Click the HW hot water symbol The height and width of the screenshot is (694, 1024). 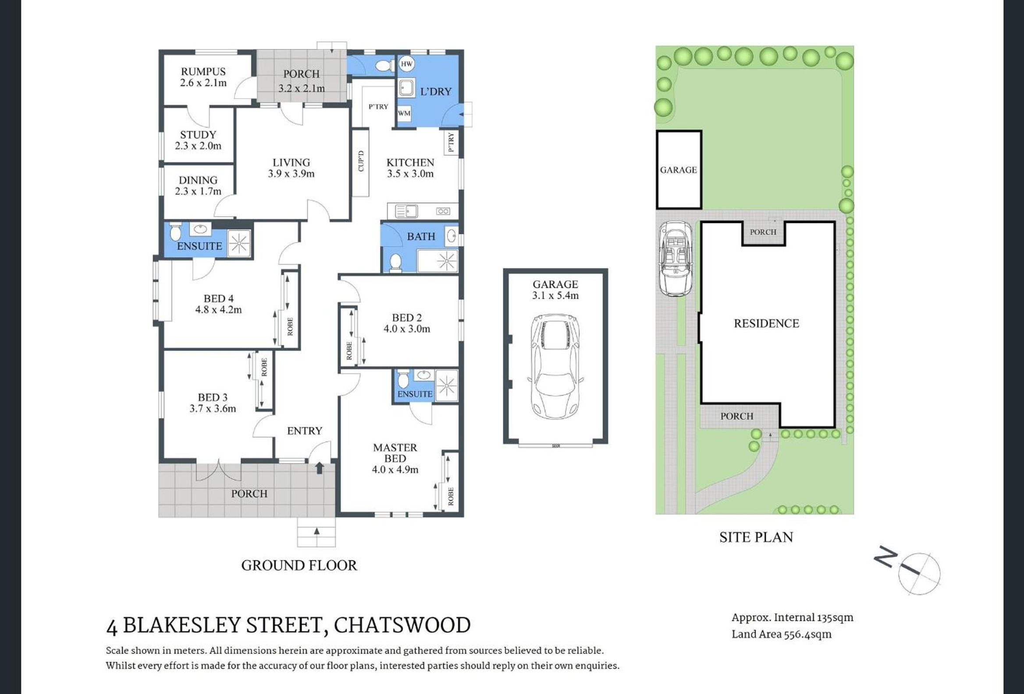(x=406, y=64)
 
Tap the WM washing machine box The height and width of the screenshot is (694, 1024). (x=404, y=113)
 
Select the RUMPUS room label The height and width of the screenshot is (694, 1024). (x=203, y=71)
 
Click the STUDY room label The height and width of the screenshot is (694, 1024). (x=198, y=135)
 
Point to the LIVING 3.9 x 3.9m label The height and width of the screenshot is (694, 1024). (x=291, y=168)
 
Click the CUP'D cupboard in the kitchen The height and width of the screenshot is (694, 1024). (x=361, y=161)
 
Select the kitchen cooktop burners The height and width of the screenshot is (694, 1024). (x=443, y=211)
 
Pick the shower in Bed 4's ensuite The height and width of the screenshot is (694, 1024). (x=239, y=243)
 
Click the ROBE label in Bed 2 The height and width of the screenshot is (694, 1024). (x=349, y=351)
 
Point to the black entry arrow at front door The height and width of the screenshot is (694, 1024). (x=320, y=467)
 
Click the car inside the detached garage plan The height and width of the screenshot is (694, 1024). (x=555, y=366)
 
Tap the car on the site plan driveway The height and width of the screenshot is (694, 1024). (x=675, y=258)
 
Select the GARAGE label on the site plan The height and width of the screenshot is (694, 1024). (x=678, y=170)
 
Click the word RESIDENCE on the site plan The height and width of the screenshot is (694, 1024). (x=766, y=324)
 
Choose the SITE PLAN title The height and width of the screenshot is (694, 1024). (x=756, y=537)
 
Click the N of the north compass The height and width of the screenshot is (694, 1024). (x=885, y=556)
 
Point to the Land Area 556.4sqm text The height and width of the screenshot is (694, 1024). (x=782, y=634)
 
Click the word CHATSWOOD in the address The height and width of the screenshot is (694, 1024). (x=402, y=625)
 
